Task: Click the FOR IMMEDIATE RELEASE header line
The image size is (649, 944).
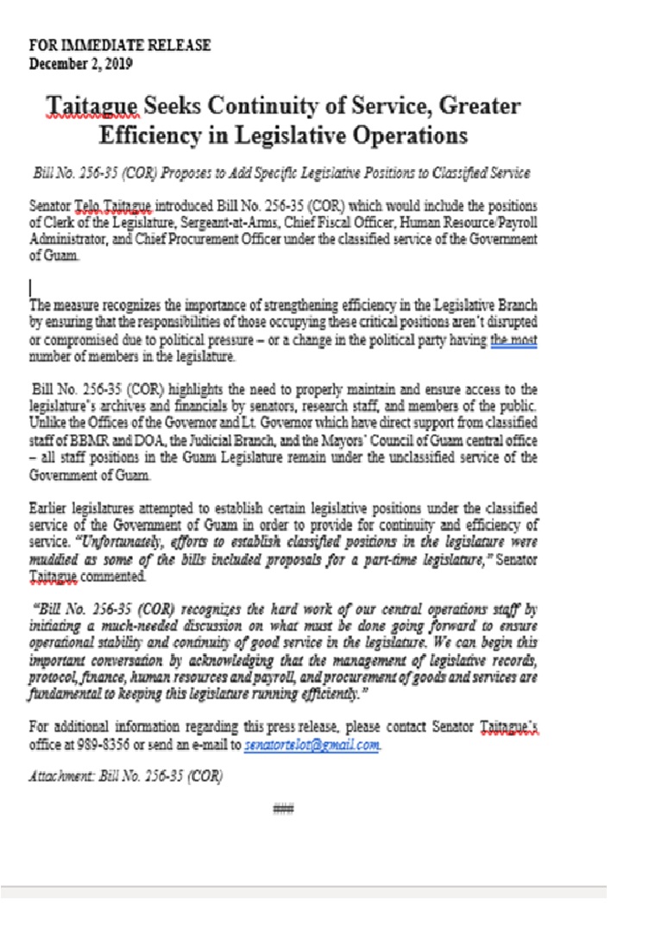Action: click(x=120, y=45)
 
